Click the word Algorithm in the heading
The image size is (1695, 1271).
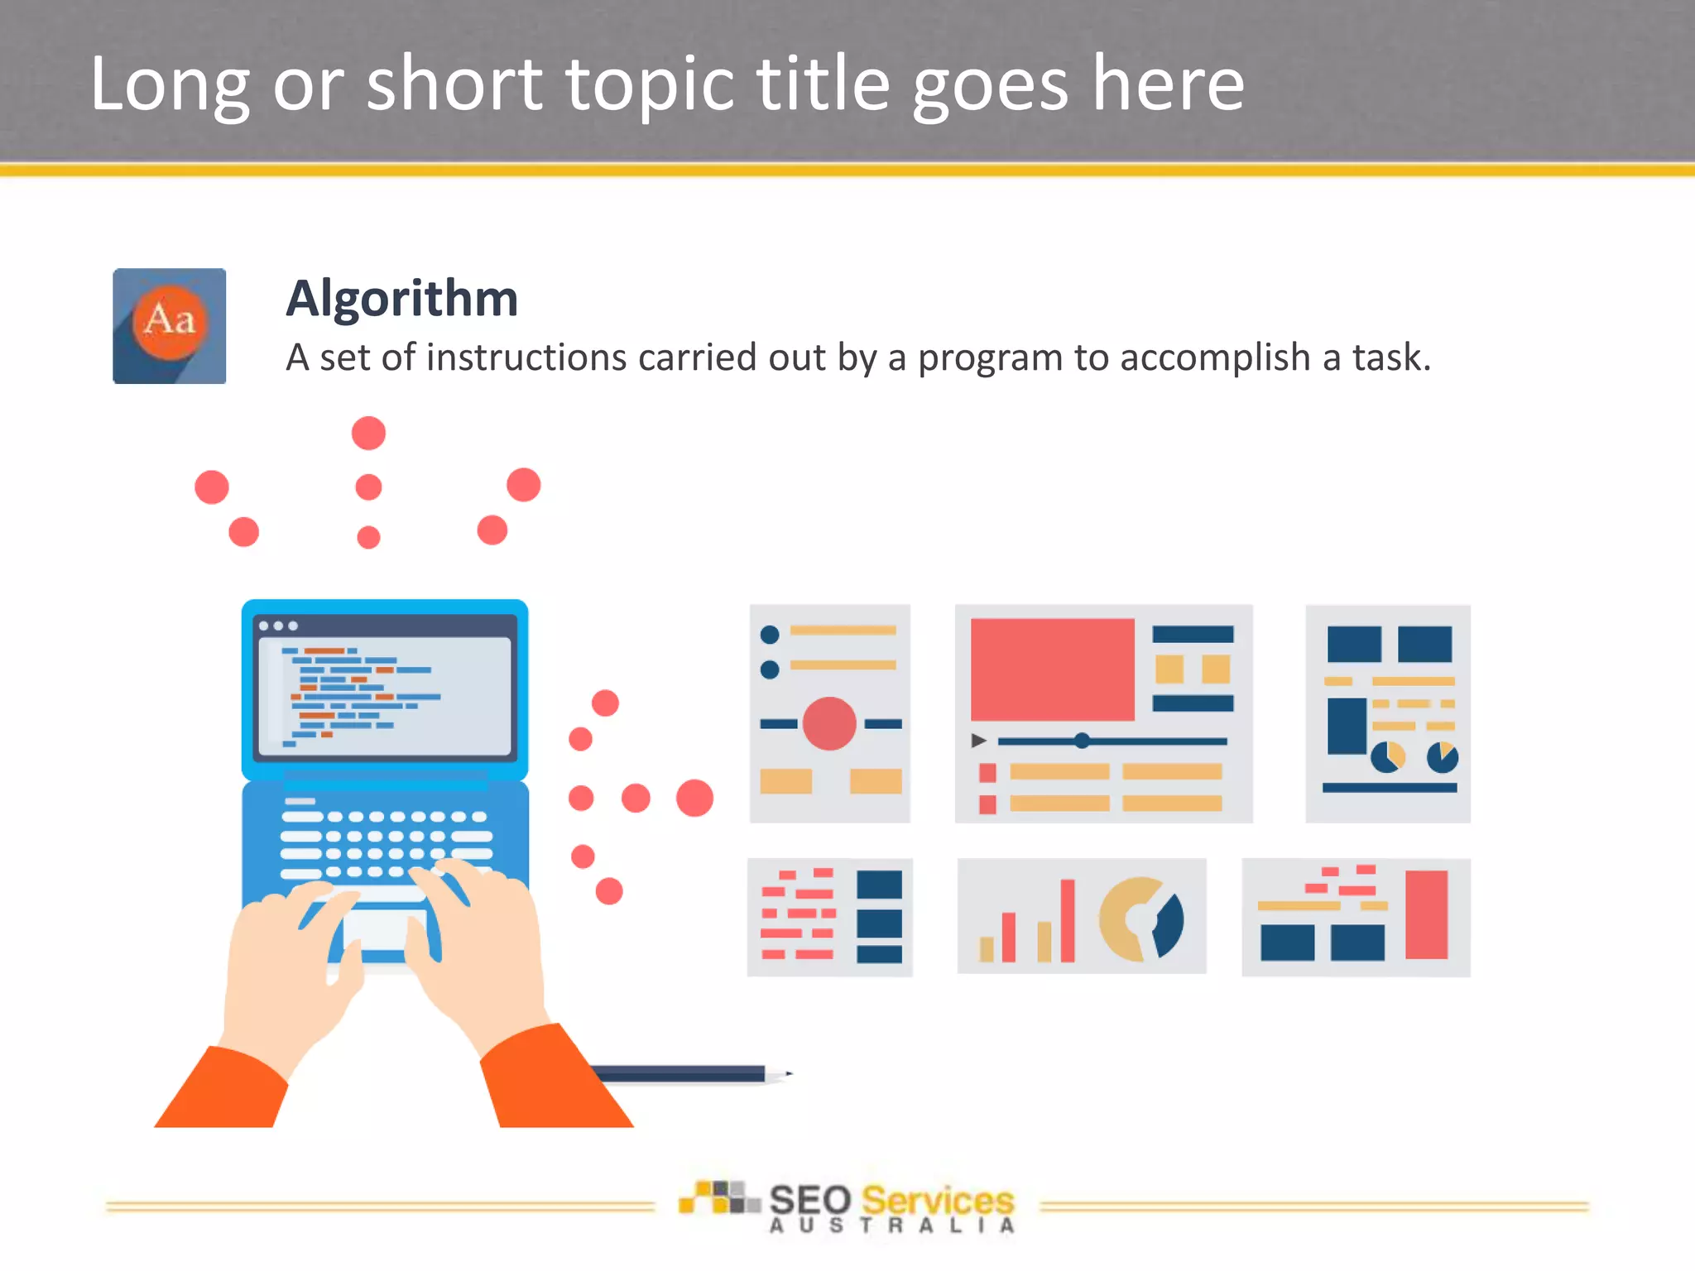pos(401,299)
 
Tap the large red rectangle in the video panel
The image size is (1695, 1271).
pos(1052,669)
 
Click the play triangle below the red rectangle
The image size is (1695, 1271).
pos(978,741)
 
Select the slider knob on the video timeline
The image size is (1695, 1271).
pos(1082,741)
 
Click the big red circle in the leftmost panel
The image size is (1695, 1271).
pos(828,723)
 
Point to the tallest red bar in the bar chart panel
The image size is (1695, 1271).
pos(1068,920)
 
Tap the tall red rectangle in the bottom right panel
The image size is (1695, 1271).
pos(1426,914)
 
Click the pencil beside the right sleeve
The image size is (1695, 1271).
pos(687,1074)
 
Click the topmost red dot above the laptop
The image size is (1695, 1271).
pos(368,433)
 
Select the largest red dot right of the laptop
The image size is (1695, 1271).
pos(694,798)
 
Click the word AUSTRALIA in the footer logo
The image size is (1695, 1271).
pos(891,1226)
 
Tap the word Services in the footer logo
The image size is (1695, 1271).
pos(937,1200)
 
